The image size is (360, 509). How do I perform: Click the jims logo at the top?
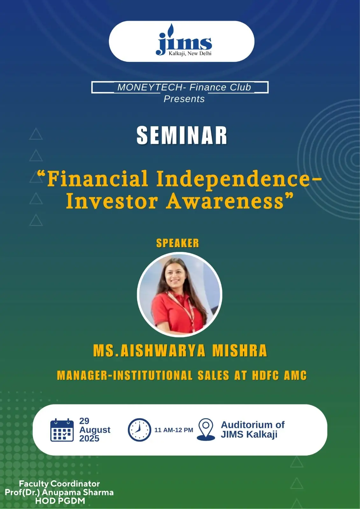(x=184, y=39)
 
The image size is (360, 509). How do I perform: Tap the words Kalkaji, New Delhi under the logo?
(x=190, y=53)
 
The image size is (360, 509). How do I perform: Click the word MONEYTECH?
(x=150, y=87)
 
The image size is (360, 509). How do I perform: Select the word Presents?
(x=184, y=99)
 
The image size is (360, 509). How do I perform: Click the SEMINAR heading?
(x=182, y=135)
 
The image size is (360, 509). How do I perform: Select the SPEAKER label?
(x=178, y=243)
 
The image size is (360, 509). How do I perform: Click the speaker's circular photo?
(x=180, y=294)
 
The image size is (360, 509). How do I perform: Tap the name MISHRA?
(x=240, y=351)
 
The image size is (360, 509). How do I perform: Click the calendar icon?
(x=62, y=430)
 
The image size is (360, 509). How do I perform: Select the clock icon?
(x=139, y=430)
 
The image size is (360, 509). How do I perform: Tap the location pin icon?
(x=206, y=430)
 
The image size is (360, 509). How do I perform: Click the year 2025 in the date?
(x=89, y=438)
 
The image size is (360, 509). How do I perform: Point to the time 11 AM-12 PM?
(x=174, y=430)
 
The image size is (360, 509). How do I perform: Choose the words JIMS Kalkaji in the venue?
(x=249, y=434)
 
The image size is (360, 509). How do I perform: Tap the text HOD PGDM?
(x=60, y=501)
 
